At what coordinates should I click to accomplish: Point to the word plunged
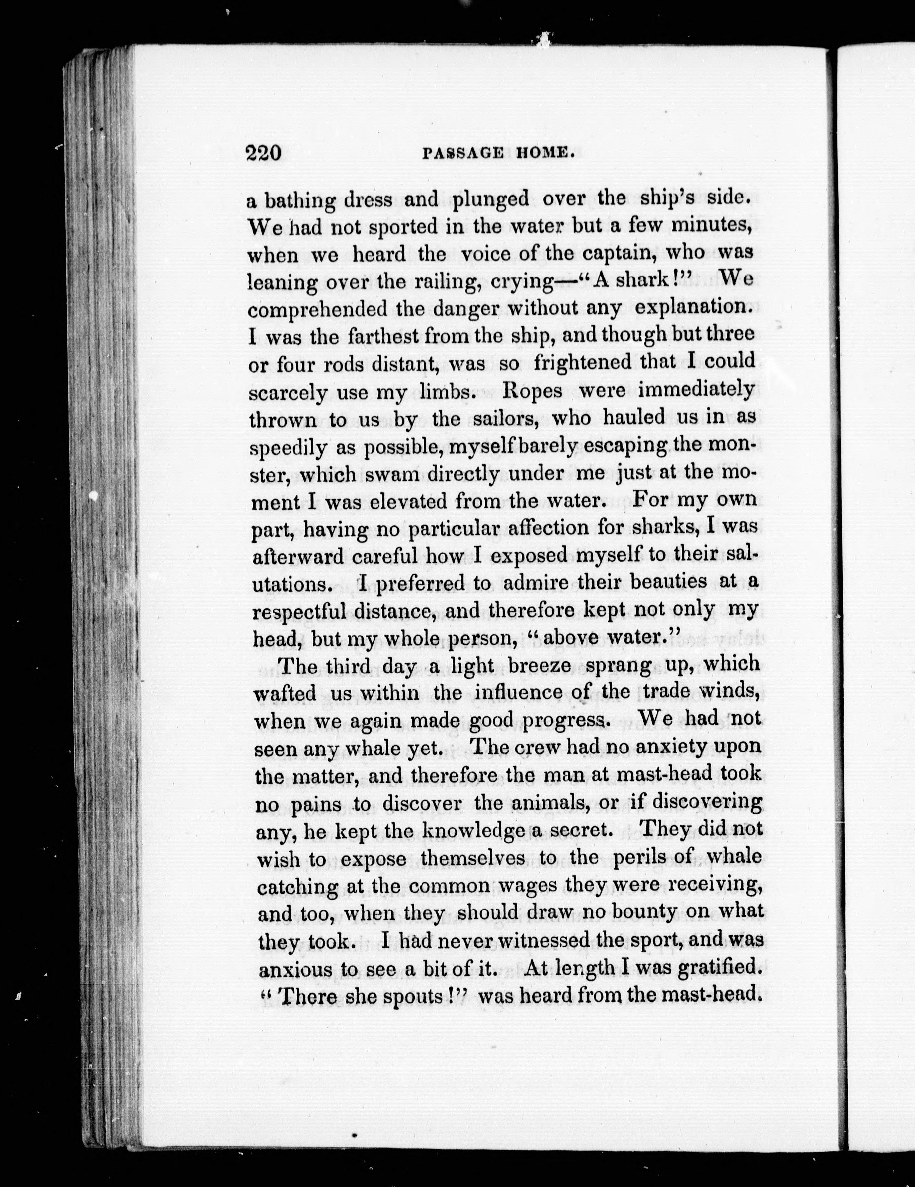[491, 200]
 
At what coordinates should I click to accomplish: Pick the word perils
[646, 858]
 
